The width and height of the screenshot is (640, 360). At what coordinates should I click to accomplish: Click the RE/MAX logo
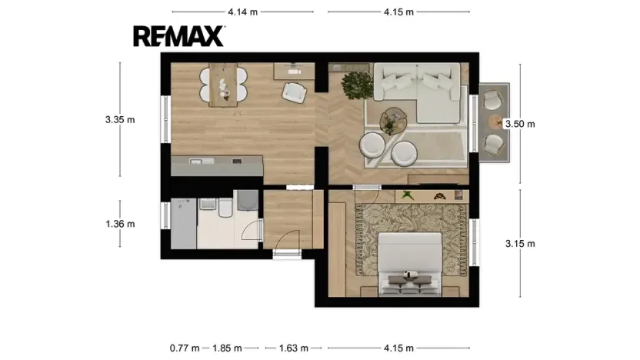click(x=178, y=36)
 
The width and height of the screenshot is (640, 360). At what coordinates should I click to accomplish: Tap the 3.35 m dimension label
click(x=120, y=119)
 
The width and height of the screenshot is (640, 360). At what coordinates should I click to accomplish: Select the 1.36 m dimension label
click(x=120, y=224)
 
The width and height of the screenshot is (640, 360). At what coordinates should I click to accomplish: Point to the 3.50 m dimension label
click(x=520, y=124)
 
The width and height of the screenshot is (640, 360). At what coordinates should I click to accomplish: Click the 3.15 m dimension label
click(x=520, y=244)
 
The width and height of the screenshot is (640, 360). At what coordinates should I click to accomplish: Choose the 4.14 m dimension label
click(x=243, y=12)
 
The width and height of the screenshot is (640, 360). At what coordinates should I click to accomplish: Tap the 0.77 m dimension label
click(x=185, y=348)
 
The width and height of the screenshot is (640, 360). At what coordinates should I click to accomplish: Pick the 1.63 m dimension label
click(x=294, y=348)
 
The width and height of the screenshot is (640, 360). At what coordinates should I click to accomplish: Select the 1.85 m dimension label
click(x=227, y=348)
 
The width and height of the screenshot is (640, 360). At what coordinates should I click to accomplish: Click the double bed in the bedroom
click(x=410, y=264)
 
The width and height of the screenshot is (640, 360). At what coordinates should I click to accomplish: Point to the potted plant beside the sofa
click(x=357, y=85)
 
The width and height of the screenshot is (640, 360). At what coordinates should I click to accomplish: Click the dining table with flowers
click(x=223, y=85)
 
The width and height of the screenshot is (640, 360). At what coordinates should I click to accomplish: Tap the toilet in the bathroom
click(x=225, y=208)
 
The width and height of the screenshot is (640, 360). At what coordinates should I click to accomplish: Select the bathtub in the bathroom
click(x=183, y=223)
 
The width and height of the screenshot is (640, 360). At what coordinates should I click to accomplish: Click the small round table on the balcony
click(x=496, y=122)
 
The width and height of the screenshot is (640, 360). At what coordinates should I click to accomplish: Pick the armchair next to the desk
click(x=294, y=92)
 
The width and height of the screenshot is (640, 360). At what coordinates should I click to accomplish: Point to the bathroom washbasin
click(x=208, y=204)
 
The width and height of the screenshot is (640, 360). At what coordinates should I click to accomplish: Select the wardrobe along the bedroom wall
click(x=337, y=249)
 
